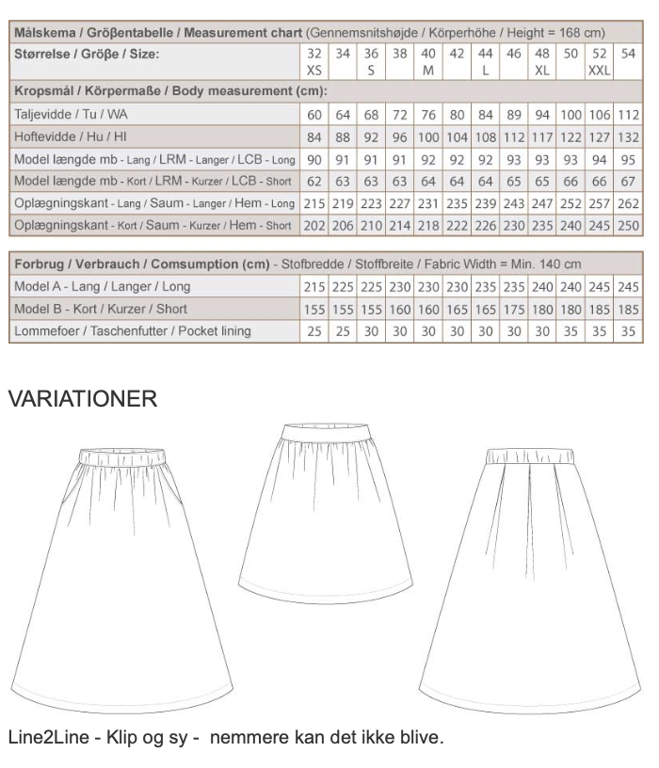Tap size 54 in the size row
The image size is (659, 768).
629,55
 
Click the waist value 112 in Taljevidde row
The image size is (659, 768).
629,114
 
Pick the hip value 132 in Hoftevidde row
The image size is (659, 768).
629,136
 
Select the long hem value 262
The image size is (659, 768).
629,203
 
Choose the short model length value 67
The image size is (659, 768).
629,181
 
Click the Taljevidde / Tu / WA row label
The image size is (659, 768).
72,114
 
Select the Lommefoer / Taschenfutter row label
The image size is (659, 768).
133,331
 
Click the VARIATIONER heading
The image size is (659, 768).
82,399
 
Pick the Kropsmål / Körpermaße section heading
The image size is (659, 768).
170,91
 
